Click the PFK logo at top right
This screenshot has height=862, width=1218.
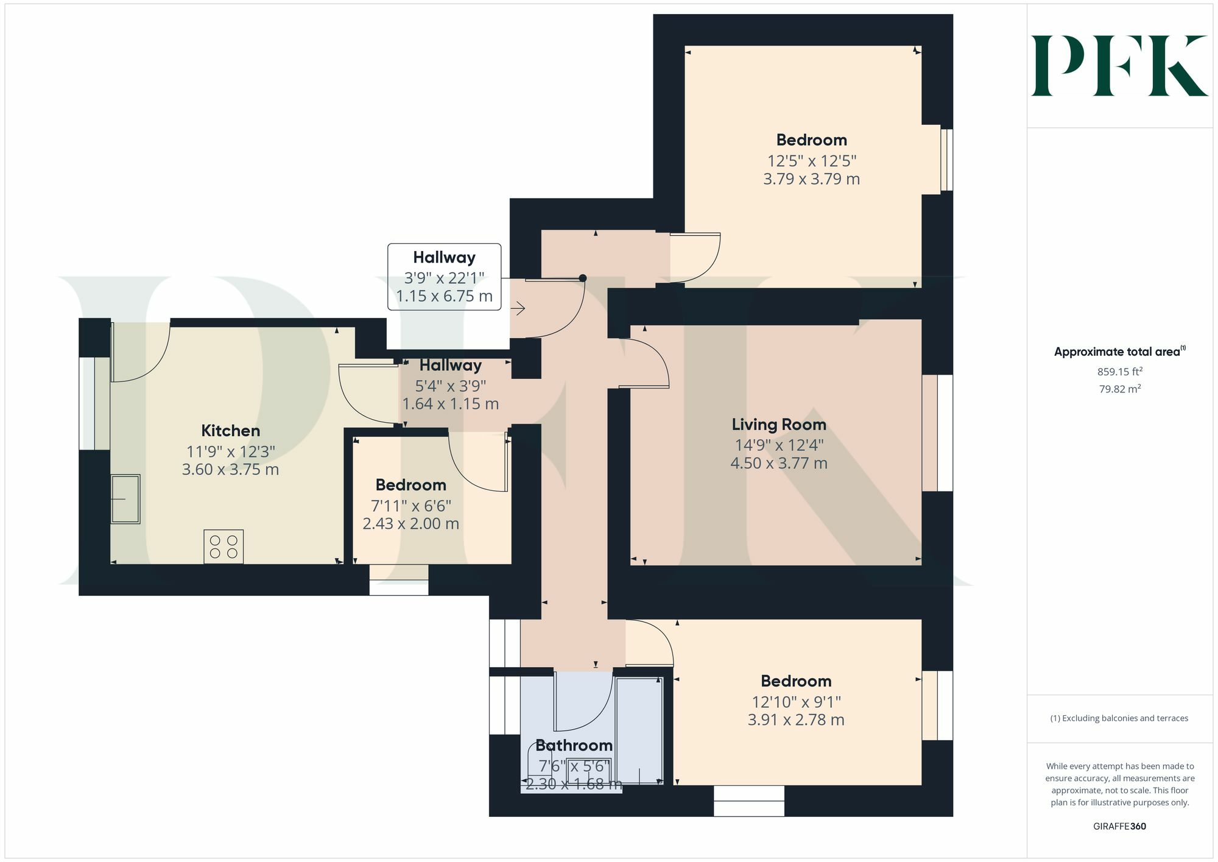pyautogui.click(x=1119, y=66)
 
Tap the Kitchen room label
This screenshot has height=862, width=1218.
pyautogui.click(x=230, y=431)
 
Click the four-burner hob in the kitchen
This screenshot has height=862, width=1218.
pyautogui.click(x=224, y=546)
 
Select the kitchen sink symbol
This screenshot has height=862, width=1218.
pyautogui.click(x=125, y=499)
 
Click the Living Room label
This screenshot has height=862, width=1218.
pyautogui.click(x=778, y=425)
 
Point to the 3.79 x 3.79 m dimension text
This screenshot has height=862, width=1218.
pyautogui.click(x=811, y=179)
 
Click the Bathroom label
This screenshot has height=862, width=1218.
pyautogui.click(x=574, y=745)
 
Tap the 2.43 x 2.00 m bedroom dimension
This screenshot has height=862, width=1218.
pyautogui.click(x=410, y=524)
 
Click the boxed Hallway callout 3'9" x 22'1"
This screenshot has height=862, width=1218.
pyautogui.click(x=444, y=277)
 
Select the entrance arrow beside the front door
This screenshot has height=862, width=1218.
pyautogui.click(x=518, y=309)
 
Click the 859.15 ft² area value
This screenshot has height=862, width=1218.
pyautogui.click(x=1119, y=372)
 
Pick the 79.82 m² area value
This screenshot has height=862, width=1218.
pyautogui.click(x=1119, y=389)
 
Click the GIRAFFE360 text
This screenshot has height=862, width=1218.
pyautogui.click(x=1119, y=827)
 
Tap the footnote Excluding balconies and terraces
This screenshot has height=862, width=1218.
pyautogui.click(x=1119, y=718)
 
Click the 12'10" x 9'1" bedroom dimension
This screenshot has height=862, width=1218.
pyautogui.click(x=795, y=702)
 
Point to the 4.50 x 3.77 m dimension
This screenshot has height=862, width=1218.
pyautogui.click(x=778, y=464)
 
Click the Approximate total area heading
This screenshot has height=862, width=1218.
pyautogui.click(x=1119, y=352)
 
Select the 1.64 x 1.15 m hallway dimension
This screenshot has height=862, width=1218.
pyautogui.click(x=450, y=404)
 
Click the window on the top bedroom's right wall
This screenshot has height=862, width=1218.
pyautogui.click(x=946, y=160)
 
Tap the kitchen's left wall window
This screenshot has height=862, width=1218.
pyautogui.click(x=87, y=403)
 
